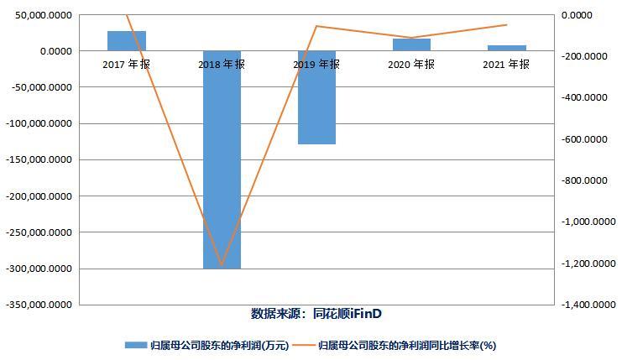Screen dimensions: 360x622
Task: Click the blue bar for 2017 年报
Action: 127,40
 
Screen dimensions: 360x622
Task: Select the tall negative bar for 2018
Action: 222,159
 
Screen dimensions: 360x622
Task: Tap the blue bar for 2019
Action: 316,97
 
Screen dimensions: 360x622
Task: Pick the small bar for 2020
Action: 411,44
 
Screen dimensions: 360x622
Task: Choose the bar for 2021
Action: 506,48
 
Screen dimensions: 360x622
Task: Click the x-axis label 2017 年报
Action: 127,64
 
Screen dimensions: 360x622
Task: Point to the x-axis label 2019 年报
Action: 316,64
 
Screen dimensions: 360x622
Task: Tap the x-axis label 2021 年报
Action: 506,64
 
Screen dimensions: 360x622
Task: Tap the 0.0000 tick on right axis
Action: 576,15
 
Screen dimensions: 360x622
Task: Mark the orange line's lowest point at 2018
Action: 222,266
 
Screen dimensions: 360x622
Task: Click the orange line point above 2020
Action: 411,38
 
